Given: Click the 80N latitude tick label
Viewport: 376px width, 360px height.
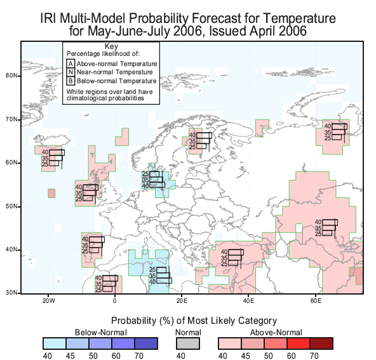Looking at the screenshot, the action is (x=11, y=76).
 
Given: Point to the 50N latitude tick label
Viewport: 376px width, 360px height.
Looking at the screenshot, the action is (x=11, y=206).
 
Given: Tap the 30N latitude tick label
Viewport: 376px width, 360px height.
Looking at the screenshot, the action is (x=11, y=293).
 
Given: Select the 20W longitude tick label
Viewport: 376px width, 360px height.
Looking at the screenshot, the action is (x=49, y=301).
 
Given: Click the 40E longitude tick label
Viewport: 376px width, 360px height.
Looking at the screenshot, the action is (x=248, y=301).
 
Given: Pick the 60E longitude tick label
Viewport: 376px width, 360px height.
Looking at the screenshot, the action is (x=316, y=301).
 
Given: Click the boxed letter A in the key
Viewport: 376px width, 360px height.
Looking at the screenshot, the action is (x=70, y=63).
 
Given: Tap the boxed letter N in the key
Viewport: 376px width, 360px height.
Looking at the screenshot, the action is (x=70, y=72).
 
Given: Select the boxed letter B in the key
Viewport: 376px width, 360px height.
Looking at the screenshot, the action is (x=70, y=81).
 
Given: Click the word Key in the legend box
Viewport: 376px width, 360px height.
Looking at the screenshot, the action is (x=111, y=46).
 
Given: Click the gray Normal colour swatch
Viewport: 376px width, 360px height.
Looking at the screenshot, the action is (x=188, y=343).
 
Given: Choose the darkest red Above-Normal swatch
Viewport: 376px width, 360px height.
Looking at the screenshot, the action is (x=321, y=343).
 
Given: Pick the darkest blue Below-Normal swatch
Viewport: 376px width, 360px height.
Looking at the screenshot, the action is (x=146, y=343).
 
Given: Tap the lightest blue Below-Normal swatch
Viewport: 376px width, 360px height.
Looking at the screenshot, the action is (x=55, y=343).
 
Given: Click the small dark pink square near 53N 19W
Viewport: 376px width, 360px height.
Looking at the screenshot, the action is (x=51, y=193).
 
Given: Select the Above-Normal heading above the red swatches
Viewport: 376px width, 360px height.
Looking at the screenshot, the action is (x=276, y=333).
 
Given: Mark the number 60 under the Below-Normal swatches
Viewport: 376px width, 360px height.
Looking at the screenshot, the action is (x=116, y=356).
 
